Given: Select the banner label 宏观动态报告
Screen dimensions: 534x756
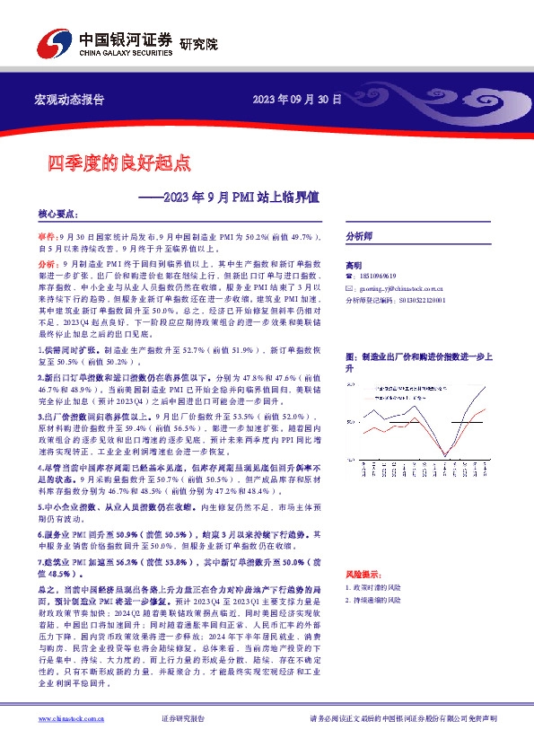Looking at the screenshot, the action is (x=68, y=99).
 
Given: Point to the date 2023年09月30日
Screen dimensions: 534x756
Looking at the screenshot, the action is (x=297, y=99).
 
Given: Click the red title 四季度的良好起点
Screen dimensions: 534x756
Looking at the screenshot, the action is (x=119, y=163).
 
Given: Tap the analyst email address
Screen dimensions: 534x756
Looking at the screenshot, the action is (x=392, y=289).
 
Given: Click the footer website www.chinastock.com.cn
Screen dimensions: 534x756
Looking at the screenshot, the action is (x=68, y=718).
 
